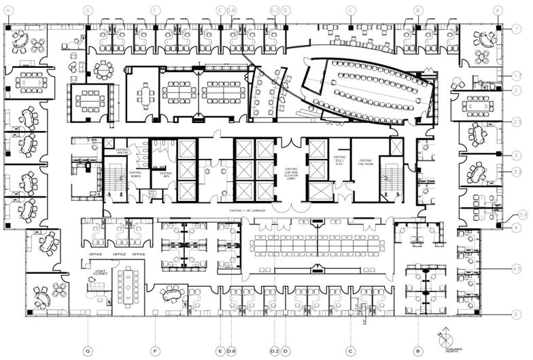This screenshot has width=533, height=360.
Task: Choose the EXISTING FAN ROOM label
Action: [364, 161]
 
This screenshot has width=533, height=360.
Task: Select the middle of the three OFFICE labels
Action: [119, 254]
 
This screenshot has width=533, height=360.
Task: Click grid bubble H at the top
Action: [8, 11]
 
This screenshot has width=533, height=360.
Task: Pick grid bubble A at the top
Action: [498, 11]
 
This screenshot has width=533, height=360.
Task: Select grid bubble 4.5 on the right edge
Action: [517, 270]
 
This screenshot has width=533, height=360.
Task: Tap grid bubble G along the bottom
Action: [88, 350]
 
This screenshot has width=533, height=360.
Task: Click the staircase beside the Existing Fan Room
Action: [390, 178]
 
